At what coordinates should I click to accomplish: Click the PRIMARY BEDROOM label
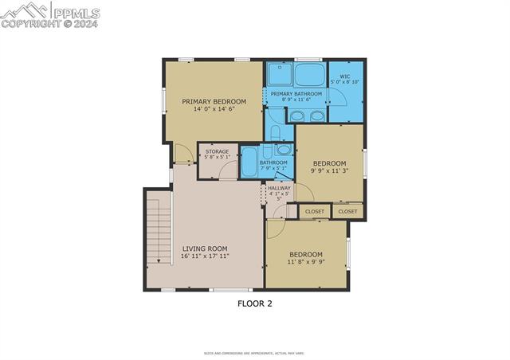[214, 102]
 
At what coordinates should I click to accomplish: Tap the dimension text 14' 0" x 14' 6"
[214, 110]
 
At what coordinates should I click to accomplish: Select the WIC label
[345, 76]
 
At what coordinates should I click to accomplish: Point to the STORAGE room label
[218, 151]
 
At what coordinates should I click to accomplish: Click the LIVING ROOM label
[205, 248]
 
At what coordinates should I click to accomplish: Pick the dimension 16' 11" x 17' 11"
[205, 256]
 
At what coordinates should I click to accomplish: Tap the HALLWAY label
[279, 188]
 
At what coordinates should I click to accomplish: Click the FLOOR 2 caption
[255, 303]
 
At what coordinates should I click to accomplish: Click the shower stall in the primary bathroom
[280, 74]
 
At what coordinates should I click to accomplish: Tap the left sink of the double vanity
[297, 116]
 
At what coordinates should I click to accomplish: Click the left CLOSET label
[315, 212]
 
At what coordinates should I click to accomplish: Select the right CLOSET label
[347, 212]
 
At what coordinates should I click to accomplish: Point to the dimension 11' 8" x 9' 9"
[305, 262]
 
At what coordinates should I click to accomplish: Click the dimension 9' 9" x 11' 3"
[329, 170]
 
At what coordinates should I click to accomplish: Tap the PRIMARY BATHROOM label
[296, 94]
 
